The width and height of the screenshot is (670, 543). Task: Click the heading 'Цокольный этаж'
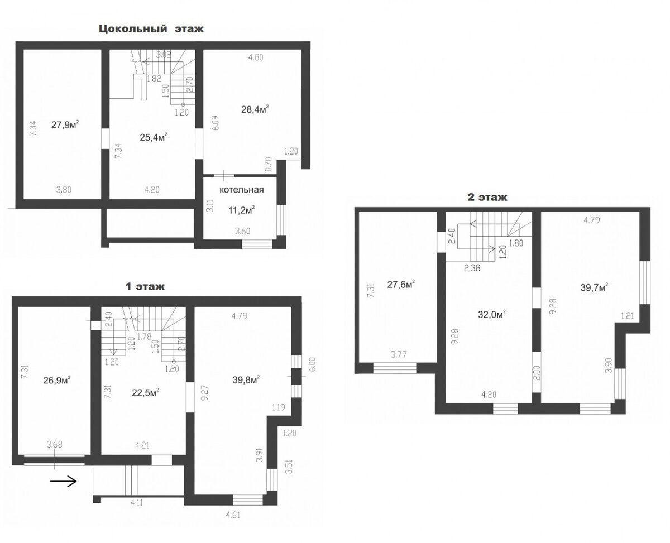[151, 29]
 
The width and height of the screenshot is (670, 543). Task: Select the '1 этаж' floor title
[145, 287]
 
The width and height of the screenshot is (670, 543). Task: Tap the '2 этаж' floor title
[487, 197]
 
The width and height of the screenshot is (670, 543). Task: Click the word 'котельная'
[241, 190]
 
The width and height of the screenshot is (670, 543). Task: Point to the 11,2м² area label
[241, 210]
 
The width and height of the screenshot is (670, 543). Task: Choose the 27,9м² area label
[65, 124]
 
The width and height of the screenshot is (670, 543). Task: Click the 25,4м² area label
[153, 137]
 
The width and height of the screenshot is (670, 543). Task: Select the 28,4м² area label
[255, 109]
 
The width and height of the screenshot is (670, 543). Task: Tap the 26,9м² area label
[56, 380]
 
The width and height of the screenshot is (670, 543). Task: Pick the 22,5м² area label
[145, 393]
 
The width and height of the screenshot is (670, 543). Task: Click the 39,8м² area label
[246, 379]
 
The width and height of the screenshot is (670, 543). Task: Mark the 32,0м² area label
[492, 314]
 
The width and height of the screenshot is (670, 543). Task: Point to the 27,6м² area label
[401, 284]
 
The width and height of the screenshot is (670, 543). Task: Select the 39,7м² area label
[594, 287]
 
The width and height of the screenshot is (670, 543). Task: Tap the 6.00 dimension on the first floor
[312, 364]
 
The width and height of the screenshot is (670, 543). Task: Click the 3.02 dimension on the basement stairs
[164, 55]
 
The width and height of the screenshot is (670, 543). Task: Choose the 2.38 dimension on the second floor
[472, 268]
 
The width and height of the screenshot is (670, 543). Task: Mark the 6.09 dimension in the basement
[216, 123]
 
